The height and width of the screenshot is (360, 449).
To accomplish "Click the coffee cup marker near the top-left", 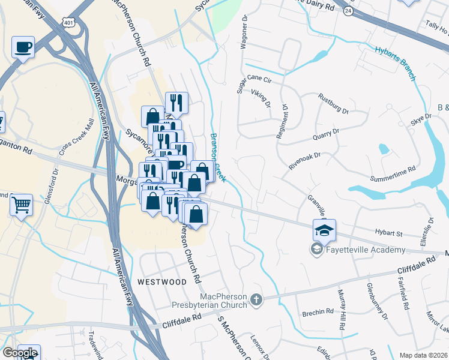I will [23, 47].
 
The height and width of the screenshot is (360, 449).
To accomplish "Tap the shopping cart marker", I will [22, 205].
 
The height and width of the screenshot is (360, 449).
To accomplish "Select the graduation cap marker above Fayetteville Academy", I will [324, 230].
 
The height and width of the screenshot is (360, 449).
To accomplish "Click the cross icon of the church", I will [256, 299].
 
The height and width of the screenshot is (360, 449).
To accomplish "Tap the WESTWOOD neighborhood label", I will [161, 281].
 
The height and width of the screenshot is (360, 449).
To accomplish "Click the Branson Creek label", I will [217, 159].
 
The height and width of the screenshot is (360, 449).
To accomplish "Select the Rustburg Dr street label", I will [334, 103].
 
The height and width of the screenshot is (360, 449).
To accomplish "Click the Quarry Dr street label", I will [327, 131].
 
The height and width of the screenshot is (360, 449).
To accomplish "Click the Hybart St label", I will [387, 232].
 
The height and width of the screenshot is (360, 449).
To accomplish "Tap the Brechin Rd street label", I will [318, 311].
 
